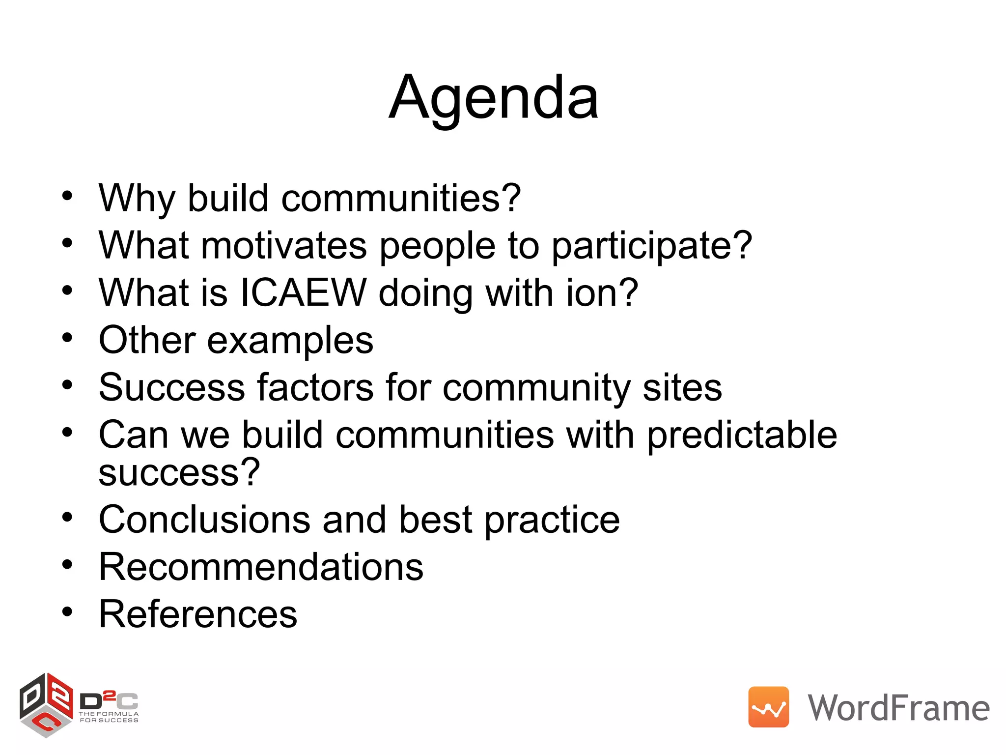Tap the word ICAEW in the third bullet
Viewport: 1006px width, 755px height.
point(303,293)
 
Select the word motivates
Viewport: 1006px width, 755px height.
point(283,245)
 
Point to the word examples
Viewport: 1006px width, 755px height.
point(290,340)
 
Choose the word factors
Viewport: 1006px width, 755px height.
point(315,387)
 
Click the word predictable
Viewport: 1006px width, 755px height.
point(741,436)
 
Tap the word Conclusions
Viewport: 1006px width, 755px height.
point(204,520)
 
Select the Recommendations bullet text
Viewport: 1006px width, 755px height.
point(261,567)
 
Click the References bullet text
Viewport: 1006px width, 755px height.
point(198,614)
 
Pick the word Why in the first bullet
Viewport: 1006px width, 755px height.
point(137,198)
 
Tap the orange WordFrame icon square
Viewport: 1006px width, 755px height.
point(768,707)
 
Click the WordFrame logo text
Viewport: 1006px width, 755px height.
point(898,708)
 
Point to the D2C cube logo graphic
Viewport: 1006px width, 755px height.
point(46,705)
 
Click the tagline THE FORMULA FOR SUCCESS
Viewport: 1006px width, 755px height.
point(109,717)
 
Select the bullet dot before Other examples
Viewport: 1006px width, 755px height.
point(67,338)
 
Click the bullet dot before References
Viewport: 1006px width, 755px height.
point(67,612)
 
